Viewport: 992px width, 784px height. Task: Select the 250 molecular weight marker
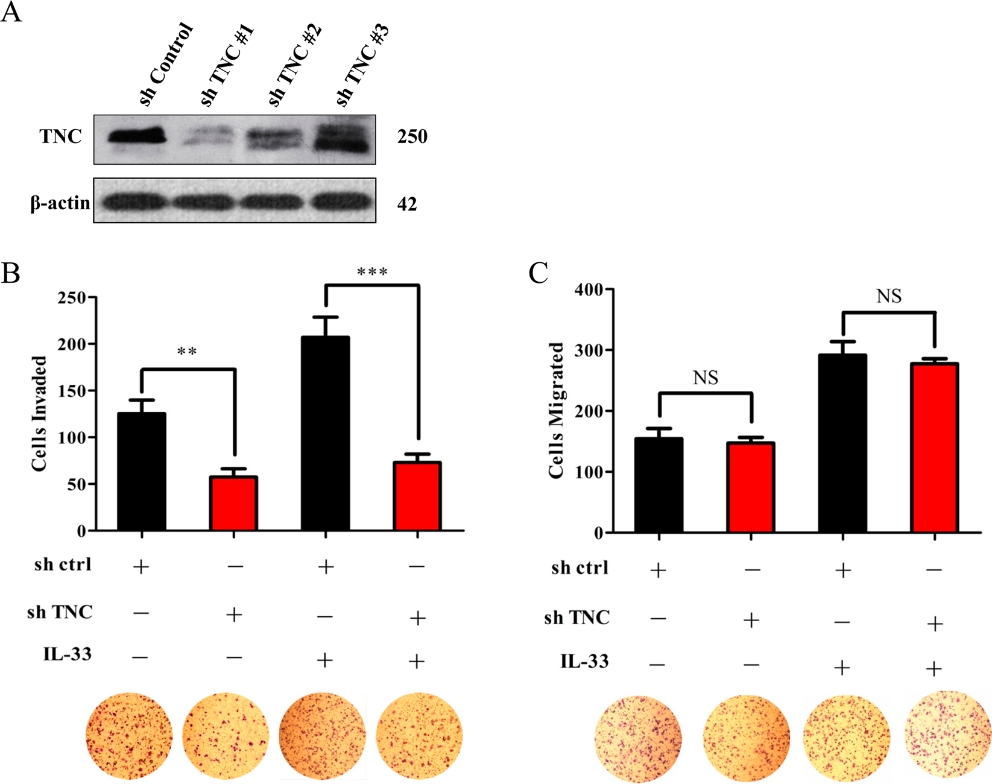click(412, 137)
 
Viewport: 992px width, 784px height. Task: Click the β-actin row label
click(60, 203)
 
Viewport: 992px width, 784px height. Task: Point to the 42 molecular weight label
click(407, 204)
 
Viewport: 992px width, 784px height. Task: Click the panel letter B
click(11, 273)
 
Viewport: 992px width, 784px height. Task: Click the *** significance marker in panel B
click(372, 272)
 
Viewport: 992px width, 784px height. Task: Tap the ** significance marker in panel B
click(187, 351)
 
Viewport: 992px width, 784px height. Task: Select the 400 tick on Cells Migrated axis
click(590, 289)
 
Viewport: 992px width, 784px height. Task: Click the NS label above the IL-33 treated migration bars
click(888, 296)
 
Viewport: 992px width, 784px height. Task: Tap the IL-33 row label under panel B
click(68, 654)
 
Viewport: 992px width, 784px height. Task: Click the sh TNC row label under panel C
click(577, 618)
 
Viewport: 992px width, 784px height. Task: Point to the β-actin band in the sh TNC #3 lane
click(341, 201)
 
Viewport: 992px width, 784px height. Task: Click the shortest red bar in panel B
click(233, 503)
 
